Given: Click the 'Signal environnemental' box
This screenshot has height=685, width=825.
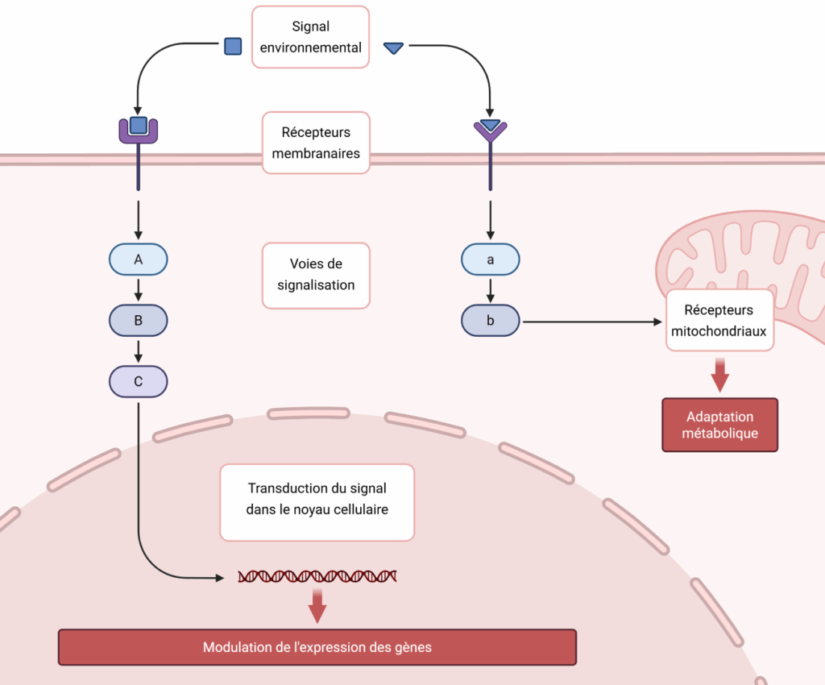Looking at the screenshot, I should (310, 37).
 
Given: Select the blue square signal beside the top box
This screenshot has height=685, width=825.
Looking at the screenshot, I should (233, 46).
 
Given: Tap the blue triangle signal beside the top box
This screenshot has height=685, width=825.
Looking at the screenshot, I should (393, 48).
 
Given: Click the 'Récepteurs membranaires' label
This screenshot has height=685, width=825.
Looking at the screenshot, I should (316, 143).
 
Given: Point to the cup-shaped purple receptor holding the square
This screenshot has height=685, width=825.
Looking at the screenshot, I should (139, 130).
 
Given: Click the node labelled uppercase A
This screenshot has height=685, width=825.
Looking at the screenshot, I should (139, 259).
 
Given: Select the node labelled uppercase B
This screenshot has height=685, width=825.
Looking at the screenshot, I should (139, 321).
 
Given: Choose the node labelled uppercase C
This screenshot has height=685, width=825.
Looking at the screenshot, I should (139, 381).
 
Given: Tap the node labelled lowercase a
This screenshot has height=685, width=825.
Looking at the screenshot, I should (490, 259).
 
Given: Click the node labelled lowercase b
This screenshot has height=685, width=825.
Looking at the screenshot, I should (490, 321).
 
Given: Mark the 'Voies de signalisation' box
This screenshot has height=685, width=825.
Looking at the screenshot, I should (316, 275).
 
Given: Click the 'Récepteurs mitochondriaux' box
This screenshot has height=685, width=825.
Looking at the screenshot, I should (719, 320).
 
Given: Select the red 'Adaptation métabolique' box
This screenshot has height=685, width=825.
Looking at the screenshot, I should (719, 425).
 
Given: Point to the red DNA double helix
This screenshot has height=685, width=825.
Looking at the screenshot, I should (317, 576).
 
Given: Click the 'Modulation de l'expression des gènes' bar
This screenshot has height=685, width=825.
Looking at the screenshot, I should (317, 647).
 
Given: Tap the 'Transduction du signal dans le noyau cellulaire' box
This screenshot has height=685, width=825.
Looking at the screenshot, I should (317, 499).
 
